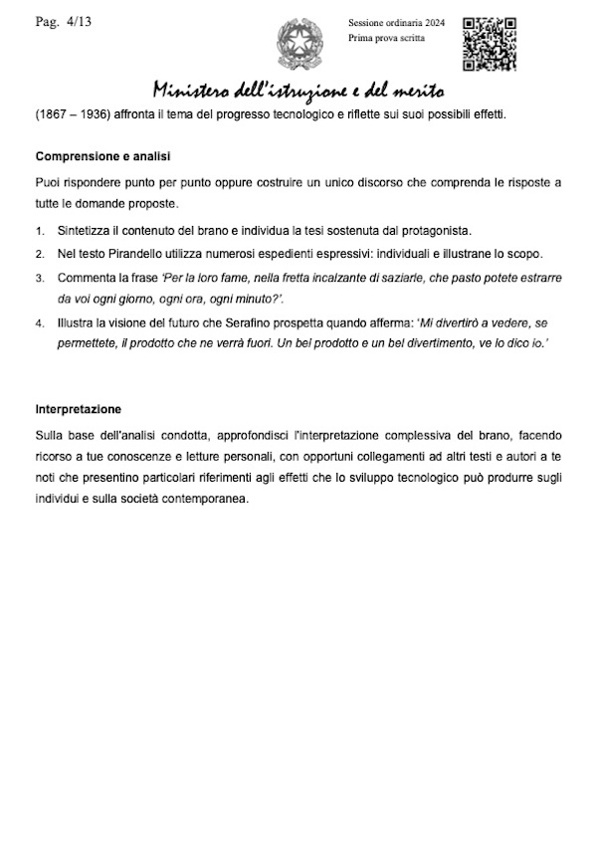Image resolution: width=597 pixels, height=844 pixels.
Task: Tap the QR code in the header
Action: pos(489,43)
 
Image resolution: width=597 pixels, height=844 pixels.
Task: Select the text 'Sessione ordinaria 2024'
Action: pos(395,22)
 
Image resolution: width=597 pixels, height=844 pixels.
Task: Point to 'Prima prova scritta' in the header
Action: pos(386,38)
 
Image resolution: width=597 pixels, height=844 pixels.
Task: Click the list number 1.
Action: pos(39,232)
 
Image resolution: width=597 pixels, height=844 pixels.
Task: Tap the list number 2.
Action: pos(39,255)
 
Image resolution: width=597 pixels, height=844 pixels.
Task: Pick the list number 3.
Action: pos(39,278)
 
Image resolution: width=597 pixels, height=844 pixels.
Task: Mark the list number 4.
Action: pos(39,323)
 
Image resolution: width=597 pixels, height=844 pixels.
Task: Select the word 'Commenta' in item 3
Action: pos(87,278)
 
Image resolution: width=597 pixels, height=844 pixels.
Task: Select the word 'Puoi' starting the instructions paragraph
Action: pos(48,183)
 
